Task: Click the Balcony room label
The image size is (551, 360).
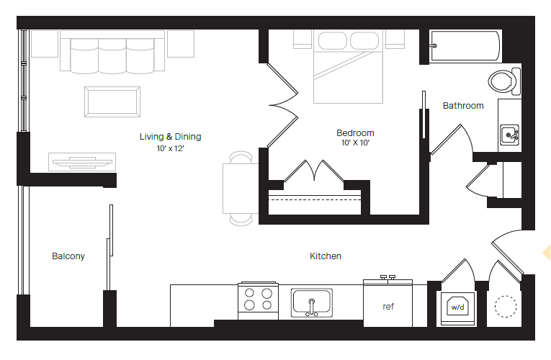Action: tap(68, 256)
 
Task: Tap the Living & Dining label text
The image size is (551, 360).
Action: tap(171, 136)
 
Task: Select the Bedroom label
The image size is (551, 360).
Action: tap(355, 132)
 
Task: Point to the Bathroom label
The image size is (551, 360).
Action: tap(463, 105)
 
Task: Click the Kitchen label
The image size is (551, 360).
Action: tap(326, 256)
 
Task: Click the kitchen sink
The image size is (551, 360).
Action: tap(311, 302)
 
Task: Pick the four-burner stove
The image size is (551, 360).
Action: tap(259, 300)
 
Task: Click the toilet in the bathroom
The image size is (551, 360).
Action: tap(503, 81)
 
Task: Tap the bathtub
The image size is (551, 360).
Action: tap(464, 47)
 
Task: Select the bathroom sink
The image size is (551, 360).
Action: tap(510, 135)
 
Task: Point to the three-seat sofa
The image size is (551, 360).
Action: tap(112, 53)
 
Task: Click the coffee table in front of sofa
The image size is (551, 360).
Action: tap(112, 101)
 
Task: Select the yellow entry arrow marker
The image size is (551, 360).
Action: tap(546, 252)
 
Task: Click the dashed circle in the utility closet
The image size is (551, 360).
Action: tap(506, 307)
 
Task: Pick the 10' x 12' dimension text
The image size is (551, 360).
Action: tap(171, 148)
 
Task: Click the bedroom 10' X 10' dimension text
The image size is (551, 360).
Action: tap(355, 143)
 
